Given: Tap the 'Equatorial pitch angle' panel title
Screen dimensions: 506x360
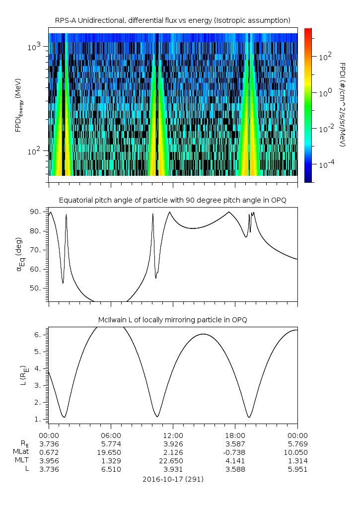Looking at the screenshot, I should click(172, 200).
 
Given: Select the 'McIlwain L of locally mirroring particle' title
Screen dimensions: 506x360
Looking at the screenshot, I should click(172, 320).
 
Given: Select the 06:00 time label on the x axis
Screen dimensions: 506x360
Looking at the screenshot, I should click(111, 435).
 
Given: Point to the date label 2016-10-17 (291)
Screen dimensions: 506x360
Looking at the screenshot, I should click(172, 479).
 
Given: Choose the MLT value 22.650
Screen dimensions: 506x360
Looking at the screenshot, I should click(173, 461).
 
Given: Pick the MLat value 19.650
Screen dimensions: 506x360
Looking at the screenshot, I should click(111, 452).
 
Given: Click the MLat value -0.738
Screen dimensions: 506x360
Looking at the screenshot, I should click(235, 452).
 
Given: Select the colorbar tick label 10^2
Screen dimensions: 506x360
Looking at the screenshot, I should click(325, 57).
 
